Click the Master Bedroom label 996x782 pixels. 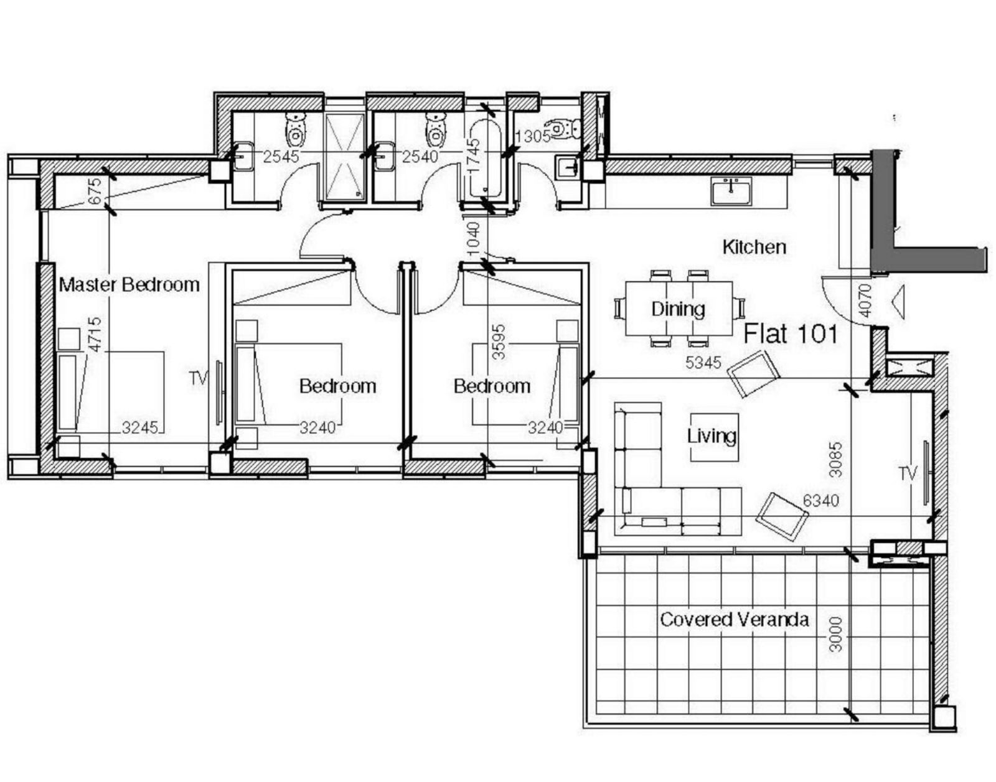coord(129,285)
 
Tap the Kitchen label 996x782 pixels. coord(754,247)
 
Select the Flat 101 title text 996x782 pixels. coord(790,334)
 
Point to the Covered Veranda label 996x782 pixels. coord(734,620)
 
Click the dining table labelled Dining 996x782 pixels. coord(679,309)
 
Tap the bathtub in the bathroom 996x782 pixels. coord(486,160)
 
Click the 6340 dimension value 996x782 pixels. coord(821,501)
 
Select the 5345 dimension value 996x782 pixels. coord(703,363)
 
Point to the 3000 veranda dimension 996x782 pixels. coord(836,634)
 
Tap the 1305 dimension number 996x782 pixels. coord(533,136)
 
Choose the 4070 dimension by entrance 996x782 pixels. coord(864,301)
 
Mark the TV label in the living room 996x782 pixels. coord(908,474)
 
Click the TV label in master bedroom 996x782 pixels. coord(199,378)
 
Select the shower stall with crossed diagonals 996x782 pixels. coord(345,157)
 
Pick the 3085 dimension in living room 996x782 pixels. coord(836,459)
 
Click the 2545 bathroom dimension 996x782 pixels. coord(281,157)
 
